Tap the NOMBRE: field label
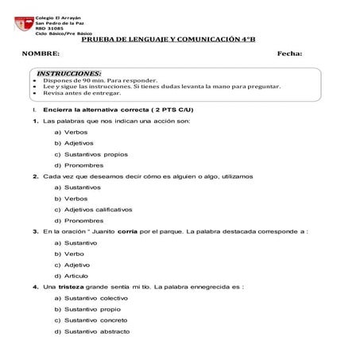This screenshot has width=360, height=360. [41, 53]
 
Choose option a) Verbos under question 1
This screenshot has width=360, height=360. [71, 131]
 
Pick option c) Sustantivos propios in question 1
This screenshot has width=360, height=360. [91, 153]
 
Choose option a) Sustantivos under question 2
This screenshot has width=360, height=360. [77, 187]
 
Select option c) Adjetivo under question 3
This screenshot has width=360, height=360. [72, 264]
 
